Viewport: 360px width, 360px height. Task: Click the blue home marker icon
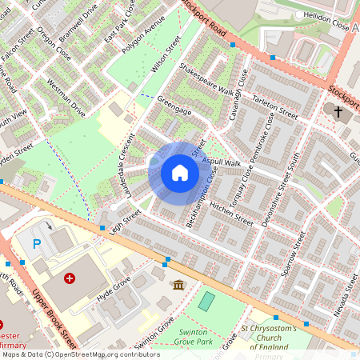click(x=180, y=173)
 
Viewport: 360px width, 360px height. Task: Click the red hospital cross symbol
click(x=70, y=278)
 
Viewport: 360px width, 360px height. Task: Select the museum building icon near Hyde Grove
click(x=178, y=285)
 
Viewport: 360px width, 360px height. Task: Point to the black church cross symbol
click(x=339, y=111)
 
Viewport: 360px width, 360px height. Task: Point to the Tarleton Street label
click(x=274, y=104)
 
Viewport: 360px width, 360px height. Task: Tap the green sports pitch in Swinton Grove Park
click(x=207, y=302)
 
